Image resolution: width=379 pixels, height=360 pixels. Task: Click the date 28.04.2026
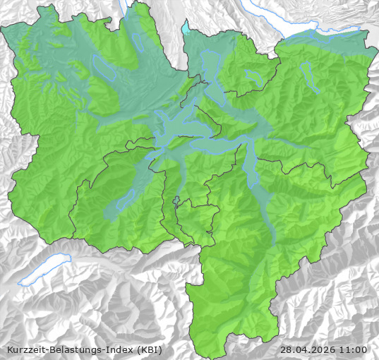(307, 349)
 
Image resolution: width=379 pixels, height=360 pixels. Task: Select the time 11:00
(353, 349)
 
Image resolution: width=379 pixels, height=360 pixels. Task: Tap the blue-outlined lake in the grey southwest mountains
(44, 270)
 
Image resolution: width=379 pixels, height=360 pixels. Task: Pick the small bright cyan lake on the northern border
(186, 29)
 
